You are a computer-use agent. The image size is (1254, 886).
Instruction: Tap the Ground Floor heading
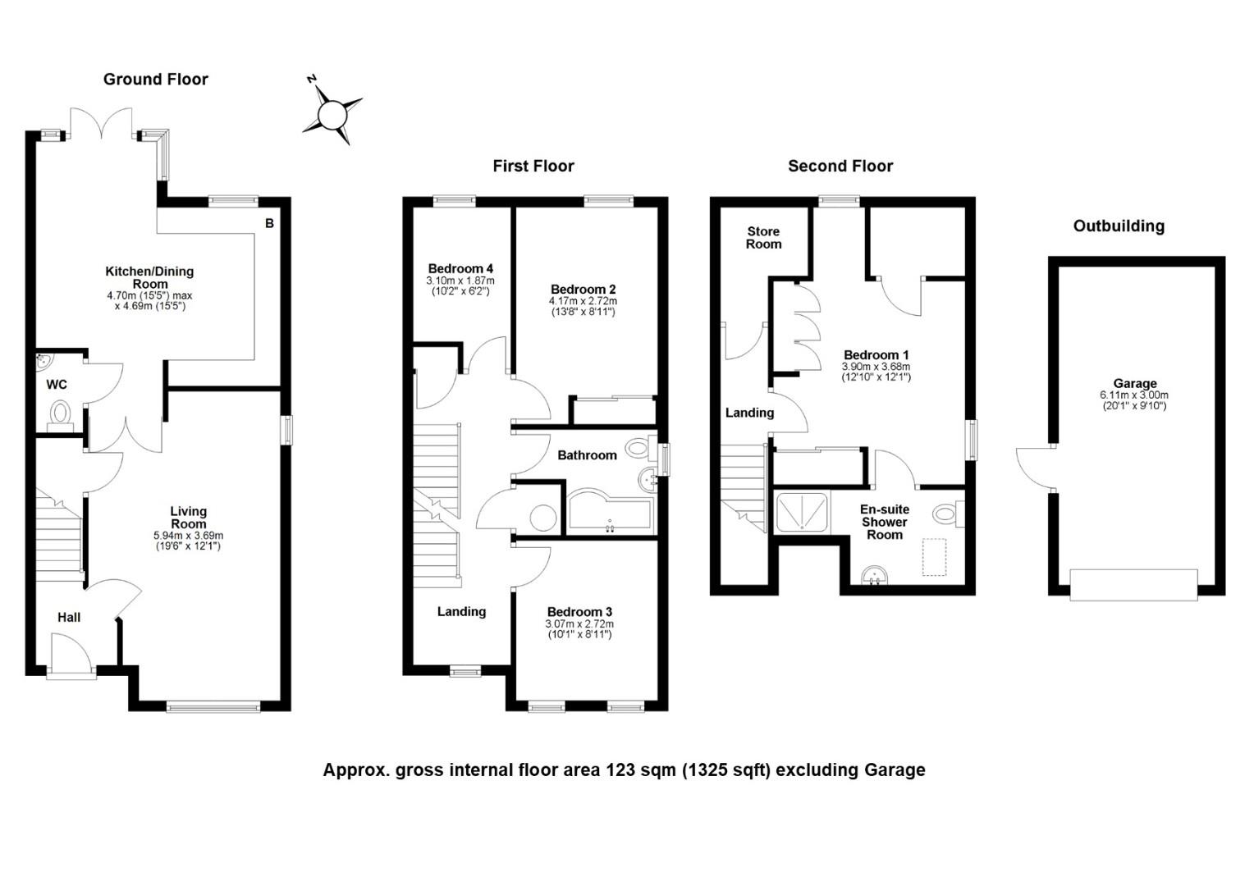click(x=156, y=80)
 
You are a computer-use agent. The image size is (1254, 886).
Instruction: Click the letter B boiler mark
click(x=269, y=223)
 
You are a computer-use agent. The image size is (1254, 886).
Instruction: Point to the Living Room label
click(x=189, y=517)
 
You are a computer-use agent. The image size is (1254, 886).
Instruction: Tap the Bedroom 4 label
click(x=460, y=268)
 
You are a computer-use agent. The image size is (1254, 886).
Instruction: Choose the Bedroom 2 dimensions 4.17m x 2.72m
click(x=583, y=301)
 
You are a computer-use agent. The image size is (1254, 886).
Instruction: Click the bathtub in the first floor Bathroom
click(x=611, y=512)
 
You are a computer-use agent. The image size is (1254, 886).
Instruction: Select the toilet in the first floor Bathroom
click(x=640, y=447)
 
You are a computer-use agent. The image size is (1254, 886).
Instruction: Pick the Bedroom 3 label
click(x=579, y=612)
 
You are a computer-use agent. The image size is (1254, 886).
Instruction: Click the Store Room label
click(x=763, y=238)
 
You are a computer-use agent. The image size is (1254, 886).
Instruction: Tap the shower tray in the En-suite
click(x=802, y=512)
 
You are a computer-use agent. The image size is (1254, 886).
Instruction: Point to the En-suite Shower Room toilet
click(x=949, y=513)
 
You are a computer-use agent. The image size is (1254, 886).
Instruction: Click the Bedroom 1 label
click(x=876, y=355)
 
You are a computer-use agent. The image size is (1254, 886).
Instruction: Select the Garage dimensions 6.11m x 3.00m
click(x=1134, y=395)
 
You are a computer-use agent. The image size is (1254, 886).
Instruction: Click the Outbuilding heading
click(x=1119, y=226)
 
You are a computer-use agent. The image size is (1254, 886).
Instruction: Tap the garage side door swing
click(x=1035, y=468)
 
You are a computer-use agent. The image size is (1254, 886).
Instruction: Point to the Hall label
click(x=69, y=617)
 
